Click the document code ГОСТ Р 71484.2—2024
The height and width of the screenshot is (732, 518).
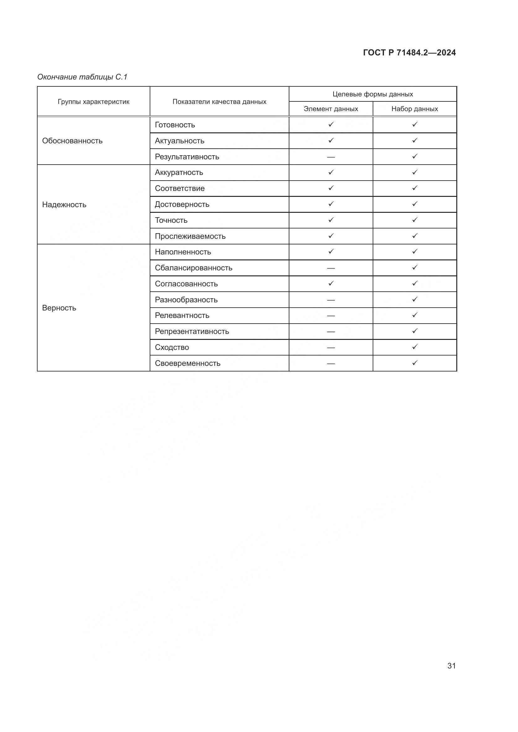pos(409,53)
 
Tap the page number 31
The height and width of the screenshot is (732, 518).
pos(451,666)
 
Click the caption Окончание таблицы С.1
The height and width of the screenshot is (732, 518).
pos(82,77)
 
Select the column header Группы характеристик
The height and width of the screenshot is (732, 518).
pos(93,102)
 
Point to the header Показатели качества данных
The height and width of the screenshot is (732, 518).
pos(219,102)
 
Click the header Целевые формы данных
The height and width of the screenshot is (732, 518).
pos(373,94)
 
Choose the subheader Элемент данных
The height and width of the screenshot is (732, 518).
pos(331,109)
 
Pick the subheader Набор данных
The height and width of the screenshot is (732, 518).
pos(415,109)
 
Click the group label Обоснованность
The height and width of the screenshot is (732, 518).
pos(72,141)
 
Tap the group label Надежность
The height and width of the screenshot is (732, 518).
pos(64,205)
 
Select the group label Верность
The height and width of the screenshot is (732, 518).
pos(59,308)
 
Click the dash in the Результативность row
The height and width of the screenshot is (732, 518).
pos(331,157)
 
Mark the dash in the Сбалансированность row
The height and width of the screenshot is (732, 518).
pos(331,268)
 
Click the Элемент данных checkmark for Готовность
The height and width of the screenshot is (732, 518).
pos(331,124)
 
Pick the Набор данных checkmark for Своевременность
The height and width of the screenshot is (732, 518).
pos(415,363)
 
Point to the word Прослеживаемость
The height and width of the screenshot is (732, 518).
pos(190,236)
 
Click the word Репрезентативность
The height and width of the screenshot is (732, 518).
pos(192,331)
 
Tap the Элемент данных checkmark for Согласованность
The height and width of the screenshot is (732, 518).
pos(331,283)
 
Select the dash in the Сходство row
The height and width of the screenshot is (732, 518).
pos(331,347)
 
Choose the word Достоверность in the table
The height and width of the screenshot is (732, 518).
pos(182,204)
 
